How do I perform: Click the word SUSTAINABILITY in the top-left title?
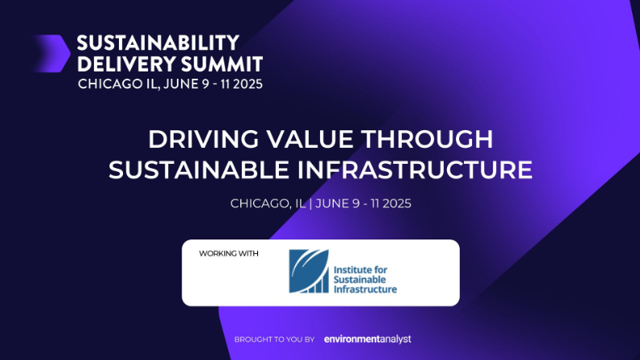[158, 43]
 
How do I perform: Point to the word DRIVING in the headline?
[203, 139]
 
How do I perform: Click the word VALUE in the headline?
[310, 139]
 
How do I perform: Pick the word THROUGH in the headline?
[427, 139]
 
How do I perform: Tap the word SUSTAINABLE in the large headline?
[199, 170]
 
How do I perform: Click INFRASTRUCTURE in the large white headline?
[415, 170]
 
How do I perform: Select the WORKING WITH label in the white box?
[228, 253]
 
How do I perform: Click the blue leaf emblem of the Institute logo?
[309, 271]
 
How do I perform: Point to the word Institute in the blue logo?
[352, 270]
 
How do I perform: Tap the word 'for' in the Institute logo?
[380, 270]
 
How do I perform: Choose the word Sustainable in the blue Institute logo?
[359, 280]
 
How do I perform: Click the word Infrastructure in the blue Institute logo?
[365, 289]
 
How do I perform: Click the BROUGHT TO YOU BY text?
[274, 339]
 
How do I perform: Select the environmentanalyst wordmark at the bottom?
[367, 339]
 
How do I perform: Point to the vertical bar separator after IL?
[310, 203]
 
